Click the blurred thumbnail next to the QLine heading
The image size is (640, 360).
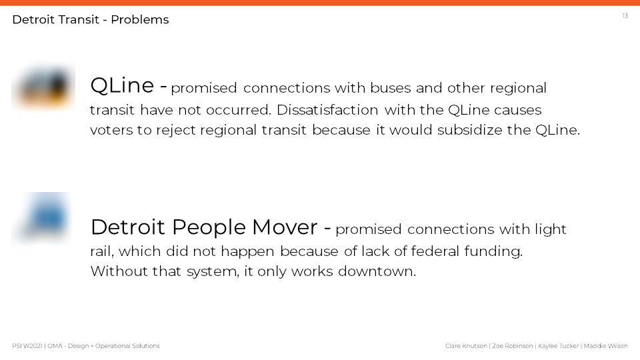click(43, 87)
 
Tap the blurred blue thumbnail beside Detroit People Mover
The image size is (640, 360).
click(43, 217)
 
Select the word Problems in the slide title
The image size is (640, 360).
click(139, 19)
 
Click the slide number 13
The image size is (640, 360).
click(625, 15)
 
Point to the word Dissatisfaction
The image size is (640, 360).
click(327, 110)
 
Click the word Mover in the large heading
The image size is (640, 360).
click(285, 227)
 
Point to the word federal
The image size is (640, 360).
click(435, 251)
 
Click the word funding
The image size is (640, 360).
click(493, 251)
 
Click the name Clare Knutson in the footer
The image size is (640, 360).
click(466, 346)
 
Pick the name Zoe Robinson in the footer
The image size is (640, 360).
click(512, 346)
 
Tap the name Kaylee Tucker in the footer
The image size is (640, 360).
click(559, 346)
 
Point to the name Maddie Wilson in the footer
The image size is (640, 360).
click(606, 346)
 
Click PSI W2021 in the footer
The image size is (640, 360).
click(27, 346)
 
